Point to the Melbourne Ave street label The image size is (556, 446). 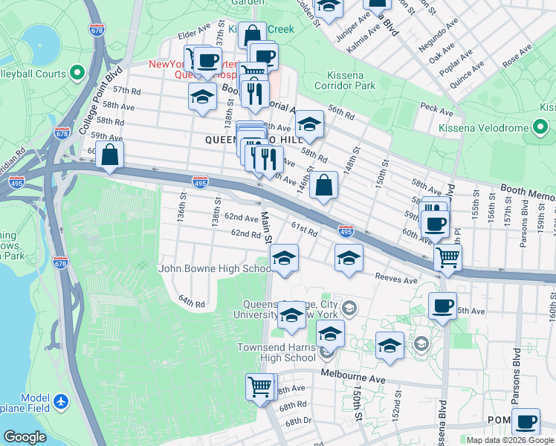point(353,378)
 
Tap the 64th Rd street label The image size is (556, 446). point(191,302)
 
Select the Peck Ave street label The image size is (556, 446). point(436,111)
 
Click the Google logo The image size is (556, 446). point(25,436)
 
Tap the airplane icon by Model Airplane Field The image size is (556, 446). point(61,402)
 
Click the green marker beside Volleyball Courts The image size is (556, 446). point(77,73)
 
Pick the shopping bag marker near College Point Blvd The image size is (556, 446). point(110,155)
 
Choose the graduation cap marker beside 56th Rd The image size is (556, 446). point(309,124)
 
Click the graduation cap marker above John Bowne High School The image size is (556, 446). point(284,258)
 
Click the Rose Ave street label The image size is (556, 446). point(517,56)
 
